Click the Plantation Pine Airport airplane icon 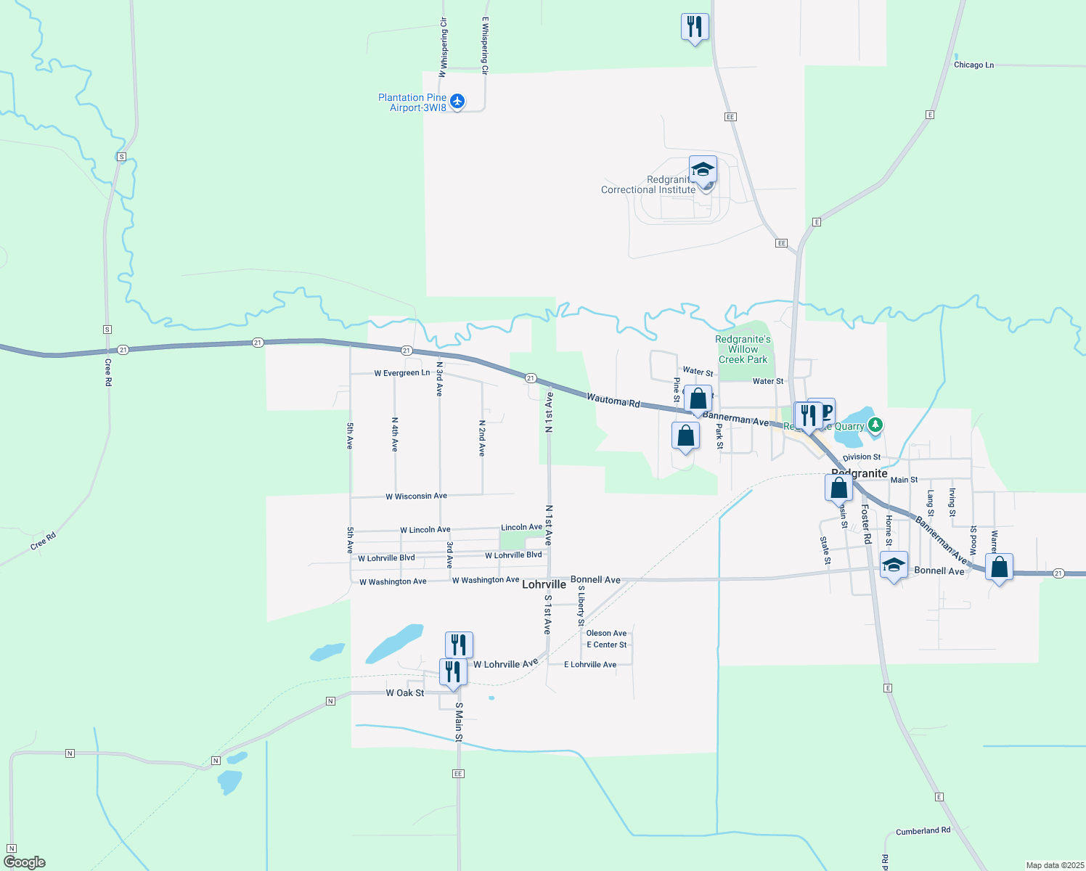coord(457,101)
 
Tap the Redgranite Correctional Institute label coord(648,185)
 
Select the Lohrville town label coord(544,584)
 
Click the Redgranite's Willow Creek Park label coord(743,349)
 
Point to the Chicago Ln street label coord(973,65)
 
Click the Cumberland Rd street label coord(923,831)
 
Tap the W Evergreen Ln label coord(401,373)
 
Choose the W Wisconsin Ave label coord(416,496)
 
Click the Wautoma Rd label coord(613,400)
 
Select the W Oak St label coord(405,693)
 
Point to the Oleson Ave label coord(606,633)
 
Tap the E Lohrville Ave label coord(590,665)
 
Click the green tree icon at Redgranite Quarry coord(875,424)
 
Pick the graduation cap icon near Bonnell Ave coord(894,565)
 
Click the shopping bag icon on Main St coord(838,487)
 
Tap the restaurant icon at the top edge coord(695,27)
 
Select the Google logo coord(25,862)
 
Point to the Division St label coord(862,457)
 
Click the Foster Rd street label coord(866,525)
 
